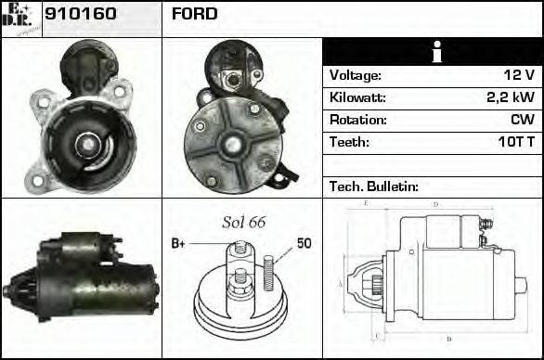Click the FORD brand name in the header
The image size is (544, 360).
(x=194, y=15)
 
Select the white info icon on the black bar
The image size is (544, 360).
(x=432, y=52)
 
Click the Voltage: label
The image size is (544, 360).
(x=356, y=75)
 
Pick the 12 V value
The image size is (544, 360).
(x=519, y=75)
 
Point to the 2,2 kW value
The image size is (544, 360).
(x=511, y=97)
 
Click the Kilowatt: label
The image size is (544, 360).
(x=357, y=97)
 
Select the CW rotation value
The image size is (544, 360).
(x=522, y=120)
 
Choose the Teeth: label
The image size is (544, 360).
(x=349, y=142)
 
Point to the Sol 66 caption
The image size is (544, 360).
(x=243, y=223)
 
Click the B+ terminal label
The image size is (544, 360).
(x=178, y=244)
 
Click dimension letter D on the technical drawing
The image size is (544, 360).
(x=435, y=204)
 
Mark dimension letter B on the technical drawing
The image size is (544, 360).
(x=448, y=340)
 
